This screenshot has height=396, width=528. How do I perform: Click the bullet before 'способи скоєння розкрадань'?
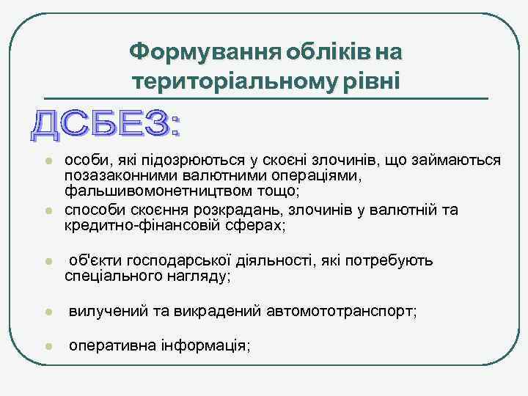point(45,211)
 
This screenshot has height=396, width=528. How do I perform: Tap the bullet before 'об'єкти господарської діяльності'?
point(45,262)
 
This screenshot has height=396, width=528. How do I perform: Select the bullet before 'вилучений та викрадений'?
point(45,312)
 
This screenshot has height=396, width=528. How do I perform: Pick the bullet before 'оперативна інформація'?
point(45,345)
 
